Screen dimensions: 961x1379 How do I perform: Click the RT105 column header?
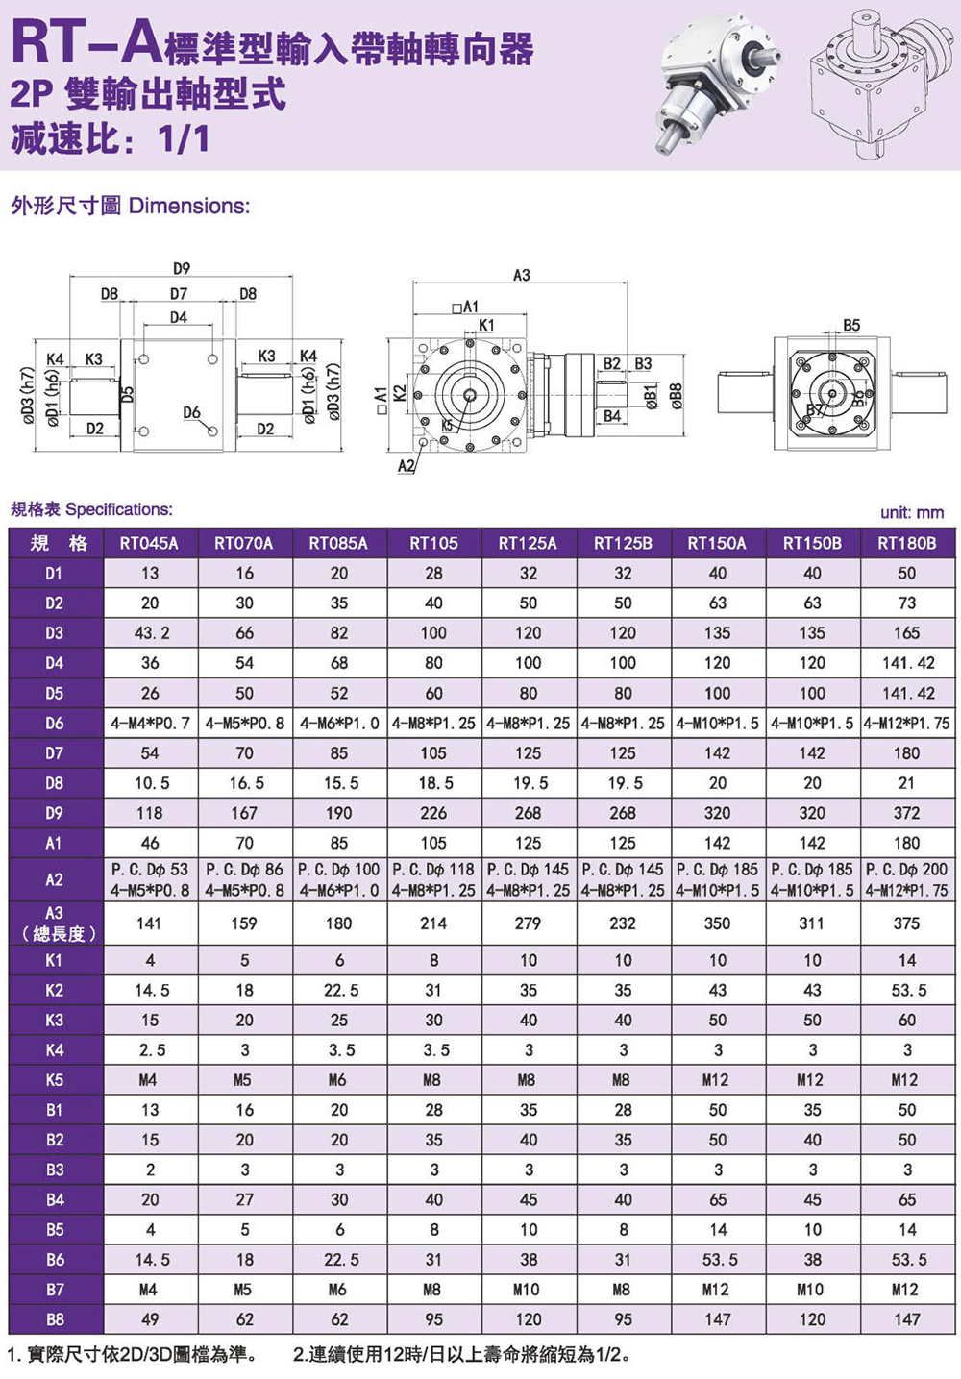[x=433, y=543]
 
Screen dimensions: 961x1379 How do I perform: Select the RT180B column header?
[x=907, y=543]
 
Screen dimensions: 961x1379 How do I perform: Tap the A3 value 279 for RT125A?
[x=528, y=923]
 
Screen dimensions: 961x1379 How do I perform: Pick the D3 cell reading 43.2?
[x=152, y=633]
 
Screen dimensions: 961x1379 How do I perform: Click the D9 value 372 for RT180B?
[x=907, y=813]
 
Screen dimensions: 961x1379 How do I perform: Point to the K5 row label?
[x=54, y=1080]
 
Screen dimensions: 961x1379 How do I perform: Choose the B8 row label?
[x=54, y=1319]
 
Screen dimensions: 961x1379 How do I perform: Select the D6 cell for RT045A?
[x=150, y=724]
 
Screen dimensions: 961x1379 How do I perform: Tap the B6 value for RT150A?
[x=719, y=1260]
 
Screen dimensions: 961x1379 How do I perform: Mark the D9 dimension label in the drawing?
[x=182, y=268]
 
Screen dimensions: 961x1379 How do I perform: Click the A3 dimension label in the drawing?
[x=522, y=275]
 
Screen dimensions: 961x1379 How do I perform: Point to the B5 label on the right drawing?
[x=851, y=325]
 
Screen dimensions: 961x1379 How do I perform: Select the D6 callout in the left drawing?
[x=191, y=412]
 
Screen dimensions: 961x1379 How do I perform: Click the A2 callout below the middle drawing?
[x=406, y=465]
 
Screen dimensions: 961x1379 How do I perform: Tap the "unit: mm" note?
[x=912, y=513]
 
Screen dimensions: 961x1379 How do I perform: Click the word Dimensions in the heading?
[x=189, y=207]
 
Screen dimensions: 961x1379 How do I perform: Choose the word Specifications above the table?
[x=119, y=509]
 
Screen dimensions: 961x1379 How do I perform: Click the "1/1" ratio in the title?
[x=184, y=139]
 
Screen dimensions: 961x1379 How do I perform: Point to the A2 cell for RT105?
[x=434, y=879]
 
